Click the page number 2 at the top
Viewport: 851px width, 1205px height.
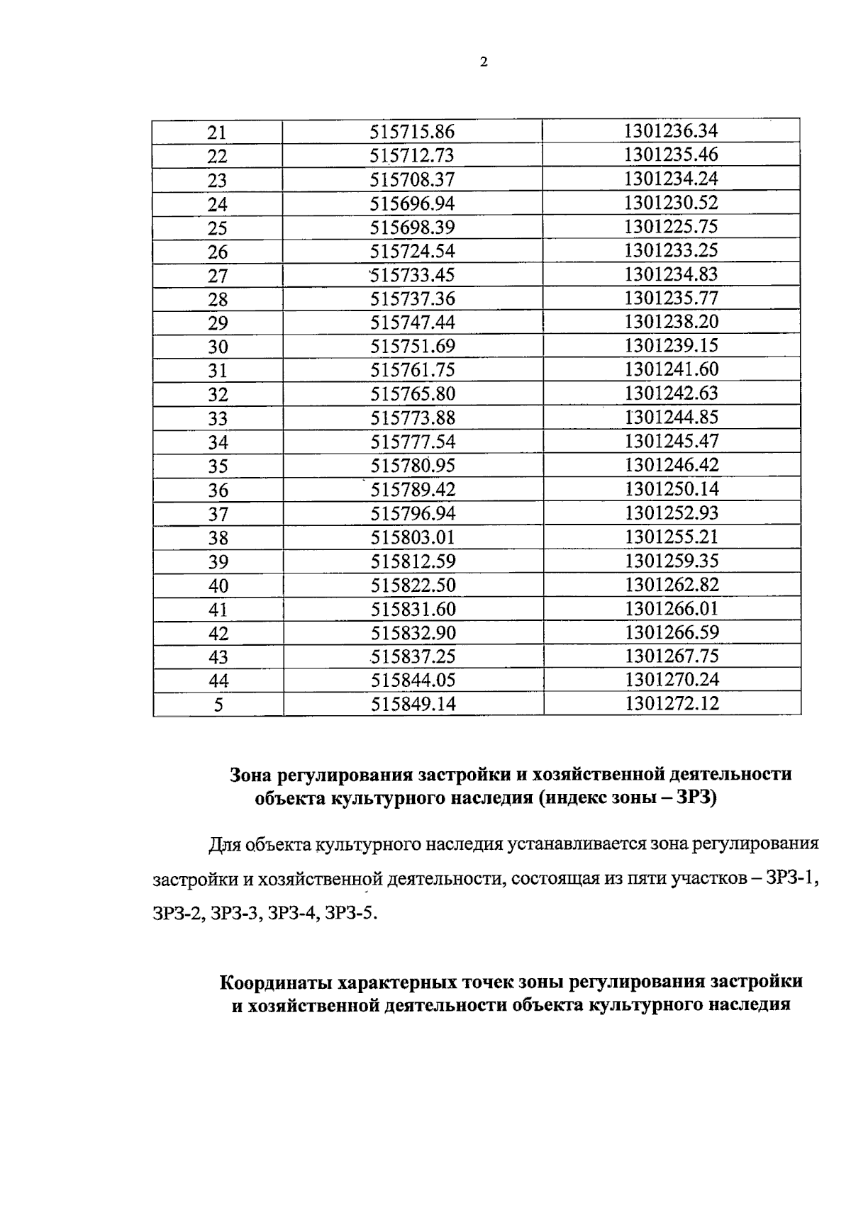(484, 62)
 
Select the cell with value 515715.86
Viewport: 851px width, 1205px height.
(412, 132)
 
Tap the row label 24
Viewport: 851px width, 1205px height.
(217, 205)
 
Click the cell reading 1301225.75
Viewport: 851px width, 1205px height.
(671, 227)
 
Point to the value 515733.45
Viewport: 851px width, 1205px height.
(412, 275)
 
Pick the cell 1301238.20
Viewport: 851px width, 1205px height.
(671, 322)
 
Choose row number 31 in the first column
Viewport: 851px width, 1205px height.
(217, 371)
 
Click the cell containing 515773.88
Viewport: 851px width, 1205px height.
(413, 418)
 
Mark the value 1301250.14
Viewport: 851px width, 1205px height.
(672, 489)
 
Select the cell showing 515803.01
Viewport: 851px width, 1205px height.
(413, 537)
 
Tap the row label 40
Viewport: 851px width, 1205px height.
(218, 585)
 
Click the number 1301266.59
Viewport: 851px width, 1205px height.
(672, 632)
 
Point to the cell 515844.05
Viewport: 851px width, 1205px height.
(413, 680)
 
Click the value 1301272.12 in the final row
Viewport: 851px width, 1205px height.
(672, 704)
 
